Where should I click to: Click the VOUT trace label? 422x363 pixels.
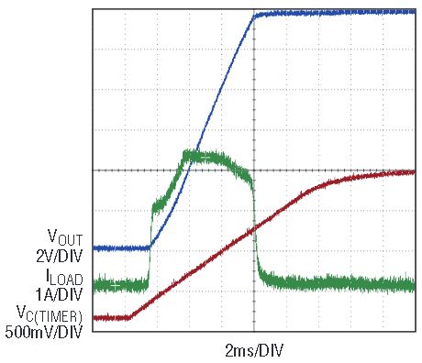point(65,237)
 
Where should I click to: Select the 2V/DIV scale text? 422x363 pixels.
point(60,256)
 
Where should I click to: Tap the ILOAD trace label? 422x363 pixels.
point(64,277)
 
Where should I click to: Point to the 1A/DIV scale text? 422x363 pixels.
point(59,295)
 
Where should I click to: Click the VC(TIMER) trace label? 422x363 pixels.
point(50,314)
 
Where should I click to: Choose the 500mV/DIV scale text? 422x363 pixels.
point(44,332)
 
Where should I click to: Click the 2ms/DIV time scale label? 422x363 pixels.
point(254,350)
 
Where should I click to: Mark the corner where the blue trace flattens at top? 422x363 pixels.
point(254,16)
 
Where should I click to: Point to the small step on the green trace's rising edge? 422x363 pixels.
point(160,204)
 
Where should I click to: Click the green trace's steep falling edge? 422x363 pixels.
point(255,227)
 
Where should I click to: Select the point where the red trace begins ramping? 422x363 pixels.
point(131,318)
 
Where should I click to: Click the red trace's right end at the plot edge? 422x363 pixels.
point(415,172)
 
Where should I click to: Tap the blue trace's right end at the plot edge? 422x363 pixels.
point(415,12)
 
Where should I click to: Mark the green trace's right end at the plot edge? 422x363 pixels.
point(415,285)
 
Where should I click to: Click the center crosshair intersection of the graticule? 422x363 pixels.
point(254,170)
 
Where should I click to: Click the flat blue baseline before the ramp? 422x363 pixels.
point(121,248)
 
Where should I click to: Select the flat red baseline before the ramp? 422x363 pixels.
point(112,318)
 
